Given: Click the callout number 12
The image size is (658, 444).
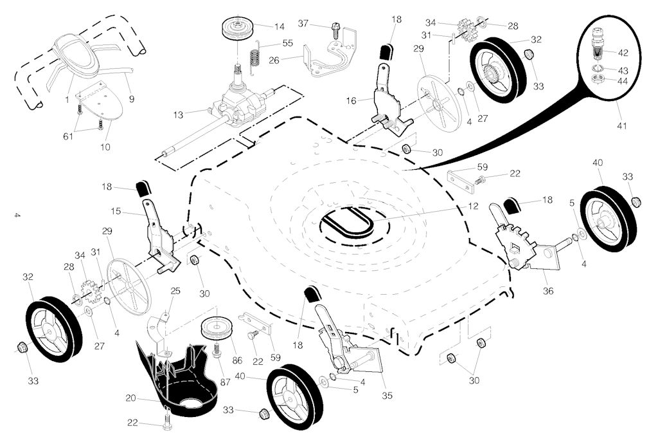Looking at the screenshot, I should (472, 207).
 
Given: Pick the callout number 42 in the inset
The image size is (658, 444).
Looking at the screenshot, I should (623, 52).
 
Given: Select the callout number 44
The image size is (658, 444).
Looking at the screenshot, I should (623, 81).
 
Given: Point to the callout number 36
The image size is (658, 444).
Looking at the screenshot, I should (548, 291).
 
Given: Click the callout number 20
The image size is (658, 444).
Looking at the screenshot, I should (130, 398).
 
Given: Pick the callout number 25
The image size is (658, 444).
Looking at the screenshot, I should (175, 291).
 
